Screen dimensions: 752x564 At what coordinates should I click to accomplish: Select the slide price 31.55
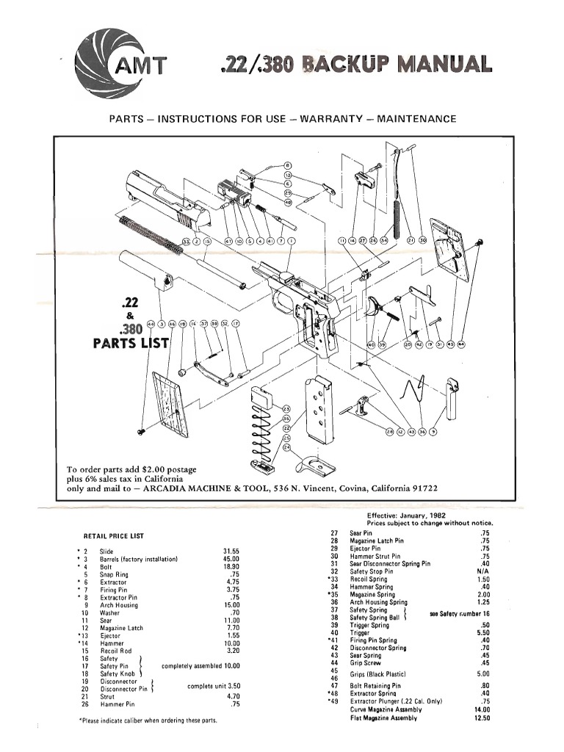(231, 551)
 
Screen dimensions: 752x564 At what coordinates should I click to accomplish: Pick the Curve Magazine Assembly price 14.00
(482, 710)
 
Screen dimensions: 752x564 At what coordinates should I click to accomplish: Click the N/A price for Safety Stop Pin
(482, 571)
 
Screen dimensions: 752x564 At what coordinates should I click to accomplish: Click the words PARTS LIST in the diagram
(131, 343)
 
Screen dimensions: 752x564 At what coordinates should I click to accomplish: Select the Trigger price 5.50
(482, 632)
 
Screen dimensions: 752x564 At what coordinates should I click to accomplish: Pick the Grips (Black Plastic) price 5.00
(482, 673)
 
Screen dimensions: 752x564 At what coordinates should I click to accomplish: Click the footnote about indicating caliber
(148, 720)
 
